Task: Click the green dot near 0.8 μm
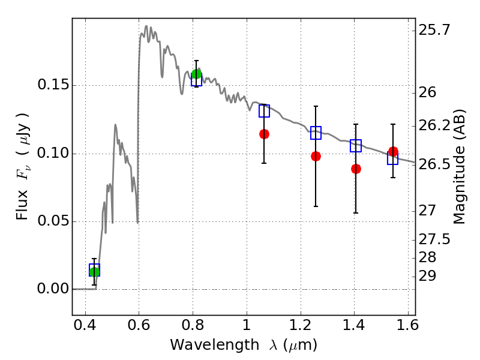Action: tap(197, 74)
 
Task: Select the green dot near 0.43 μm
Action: tap(94, 272)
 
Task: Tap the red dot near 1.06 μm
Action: tap(264, 134)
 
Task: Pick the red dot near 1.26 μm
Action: tap(316, 157)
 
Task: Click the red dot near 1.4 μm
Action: tap(356, 169)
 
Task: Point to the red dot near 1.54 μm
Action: tap(393, 152)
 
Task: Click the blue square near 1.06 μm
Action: tap(264, 111)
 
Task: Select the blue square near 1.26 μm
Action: tap(316, 133)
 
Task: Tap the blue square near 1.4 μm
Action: tap(356, 146)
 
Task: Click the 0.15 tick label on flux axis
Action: tap(53, 85)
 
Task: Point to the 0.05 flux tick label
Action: tap(53, 221)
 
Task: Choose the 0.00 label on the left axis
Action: tap(53, 289)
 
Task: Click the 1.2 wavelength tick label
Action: tap(301, 325)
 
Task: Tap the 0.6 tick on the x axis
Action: tap(139, 325)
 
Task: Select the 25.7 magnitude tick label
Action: tap(434, 31)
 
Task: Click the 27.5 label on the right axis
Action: tap(434, 239)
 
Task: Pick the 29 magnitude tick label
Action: tap(427, 277)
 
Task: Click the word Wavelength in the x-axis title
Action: tap(214, 345)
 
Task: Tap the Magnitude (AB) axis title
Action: tap(458, 167)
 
